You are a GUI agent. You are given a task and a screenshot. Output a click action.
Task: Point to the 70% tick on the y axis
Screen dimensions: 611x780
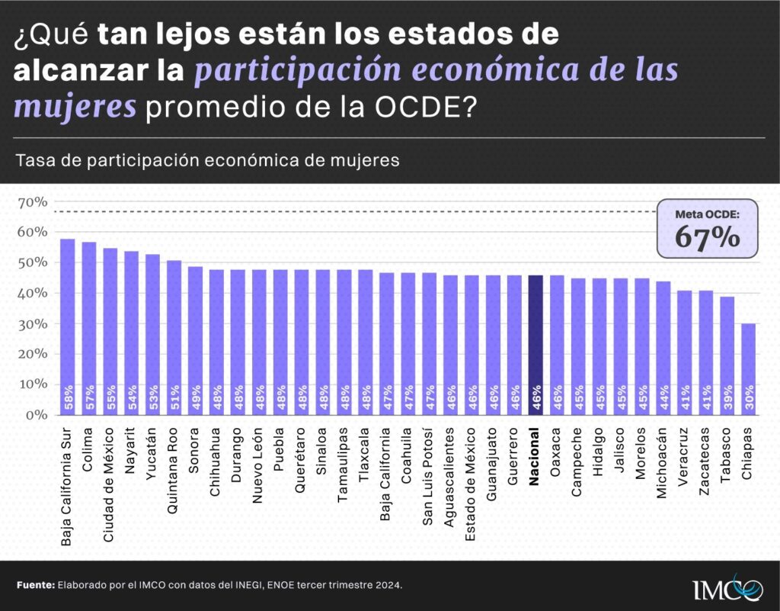[x=31, y=202]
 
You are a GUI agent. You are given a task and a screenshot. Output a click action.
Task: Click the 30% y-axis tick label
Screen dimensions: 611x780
[x=31, y=323]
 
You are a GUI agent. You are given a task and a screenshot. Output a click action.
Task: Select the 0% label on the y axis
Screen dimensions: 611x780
[x=35, y=415]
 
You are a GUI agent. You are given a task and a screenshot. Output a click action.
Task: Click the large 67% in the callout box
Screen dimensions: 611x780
[x=708, y=237]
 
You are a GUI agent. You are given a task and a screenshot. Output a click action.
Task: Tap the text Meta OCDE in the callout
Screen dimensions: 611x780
[x=708, y=214]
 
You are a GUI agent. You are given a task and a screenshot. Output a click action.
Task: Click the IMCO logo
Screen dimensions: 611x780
[x=727, y=587]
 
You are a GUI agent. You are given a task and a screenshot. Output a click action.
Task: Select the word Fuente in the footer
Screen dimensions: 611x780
[x=35, y=585]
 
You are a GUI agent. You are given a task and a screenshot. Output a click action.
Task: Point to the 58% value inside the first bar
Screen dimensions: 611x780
[x=68, y=397]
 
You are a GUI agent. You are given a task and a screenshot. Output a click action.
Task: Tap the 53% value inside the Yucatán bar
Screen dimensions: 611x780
[x=152, y=397]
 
